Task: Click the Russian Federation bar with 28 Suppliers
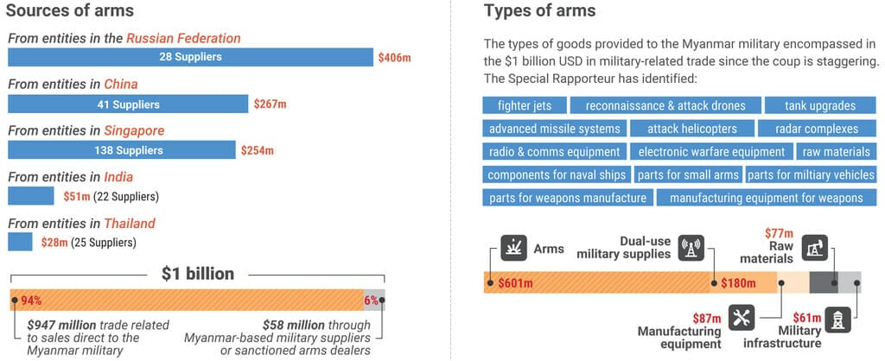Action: point(190,57)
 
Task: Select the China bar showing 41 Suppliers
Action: point(128,104)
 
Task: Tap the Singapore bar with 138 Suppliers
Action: point(121,150)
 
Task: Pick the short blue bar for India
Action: point(30,196)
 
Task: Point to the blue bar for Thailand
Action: point(20,242)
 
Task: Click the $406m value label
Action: point(394,58)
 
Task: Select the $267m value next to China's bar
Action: point(270,104)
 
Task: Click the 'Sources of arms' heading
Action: point(70,11)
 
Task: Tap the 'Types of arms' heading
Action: point(539,11)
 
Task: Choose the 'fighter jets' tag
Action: point(525,105)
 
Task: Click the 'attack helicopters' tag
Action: point(692,129)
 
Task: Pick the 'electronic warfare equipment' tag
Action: point(711,152)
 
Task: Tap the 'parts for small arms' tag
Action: point(687,175)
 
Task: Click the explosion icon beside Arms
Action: point(513,248)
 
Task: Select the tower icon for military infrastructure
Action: point(837,319)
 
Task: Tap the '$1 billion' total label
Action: point(197,274)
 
